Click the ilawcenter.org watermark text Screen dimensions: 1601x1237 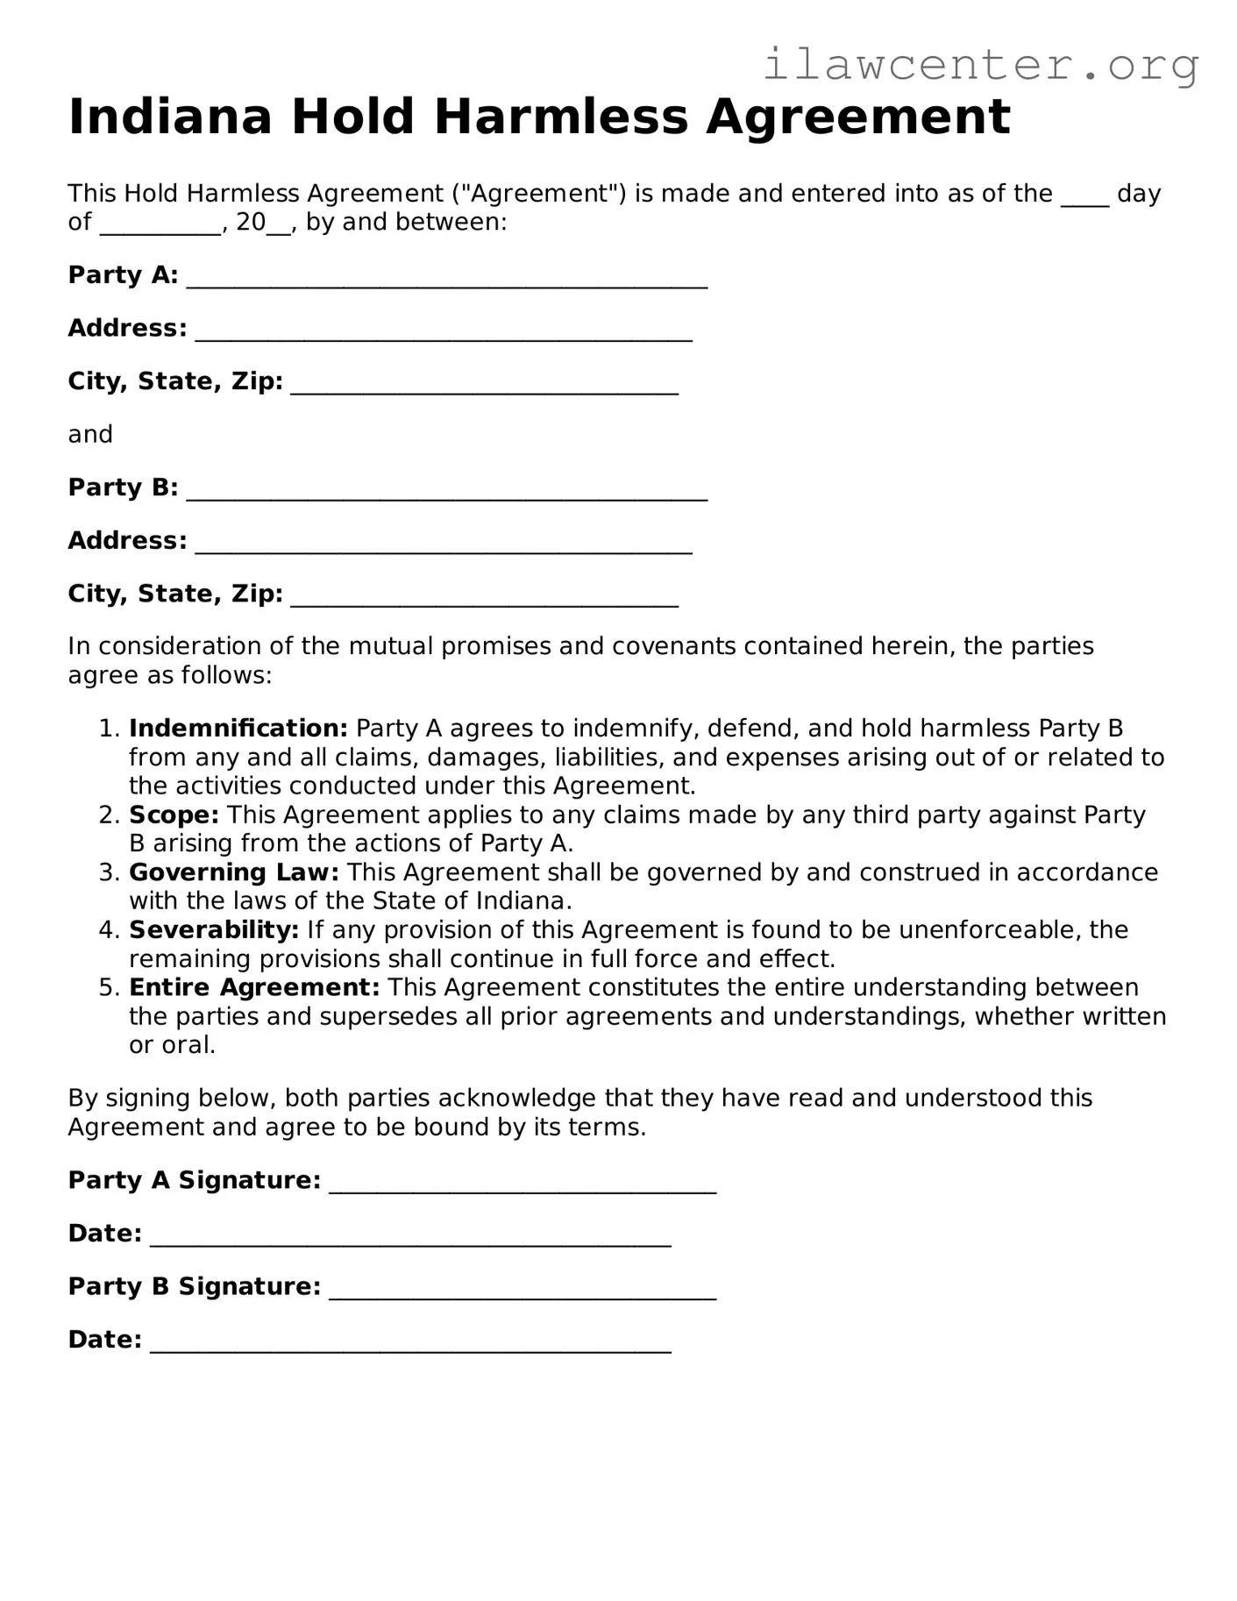coord(980,65)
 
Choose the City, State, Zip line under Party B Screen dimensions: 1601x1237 coord(484,597)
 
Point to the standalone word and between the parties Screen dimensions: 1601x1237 coord(90,435)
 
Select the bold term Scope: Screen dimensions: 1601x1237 coord(174,815)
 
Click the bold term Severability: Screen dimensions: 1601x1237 coord(214,929)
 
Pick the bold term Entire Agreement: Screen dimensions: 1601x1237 coord(254,987)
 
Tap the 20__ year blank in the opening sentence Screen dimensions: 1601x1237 coord(263,223)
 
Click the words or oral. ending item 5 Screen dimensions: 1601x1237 coord(172,1045)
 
